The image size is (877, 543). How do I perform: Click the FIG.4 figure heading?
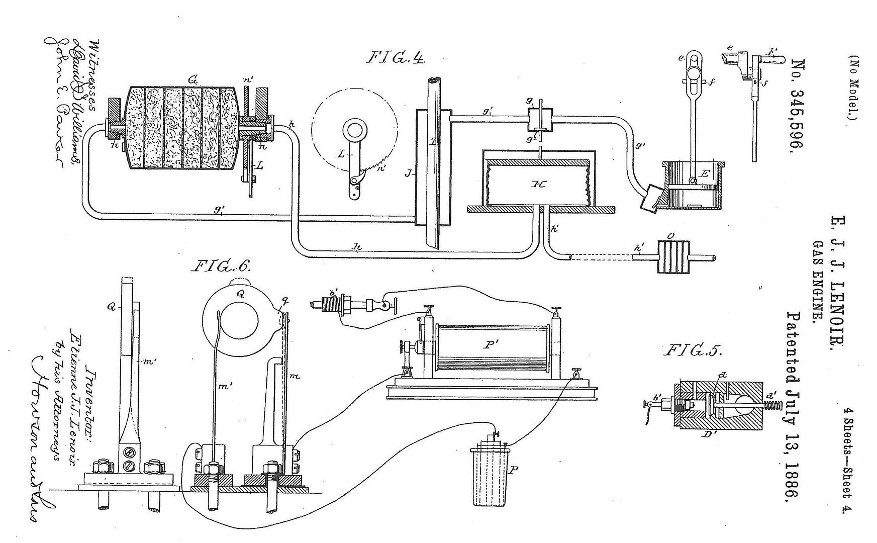click(395, 58)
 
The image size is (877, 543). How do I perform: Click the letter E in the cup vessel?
click(705, 174)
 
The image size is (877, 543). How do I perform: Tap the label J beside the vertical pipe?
click(408, 174)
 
